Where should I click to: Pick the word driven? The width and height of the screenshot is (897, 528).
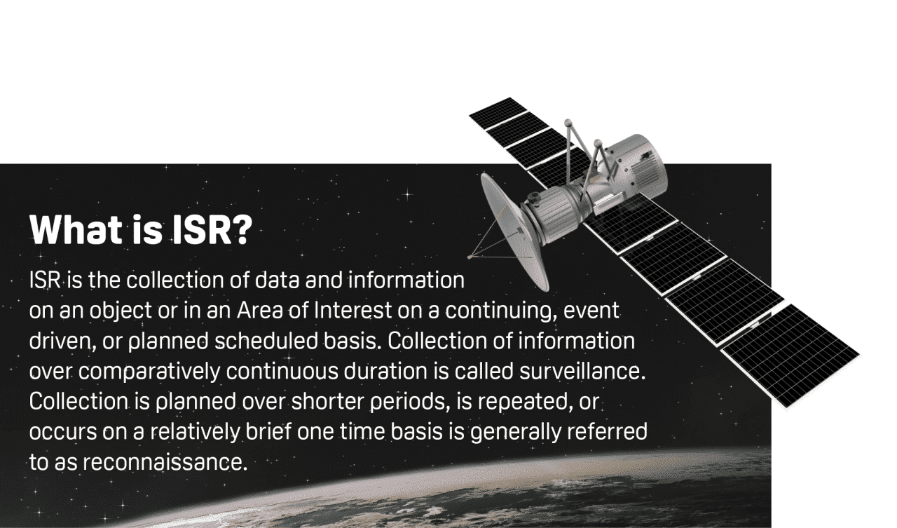[x=57, y=341]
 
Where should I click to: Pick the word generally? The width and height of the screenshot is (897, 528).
[x=512, y=433]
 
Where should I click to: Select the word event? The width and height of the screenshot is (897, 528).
[x=592, y=310]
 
